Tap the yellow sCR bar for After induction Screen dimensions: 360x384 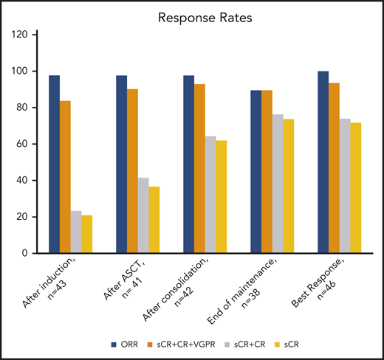[87, 235]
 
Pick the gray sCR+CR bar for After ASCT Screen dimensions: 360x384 [143, 215]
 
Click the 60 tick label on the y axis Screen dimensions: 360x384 [22, 144]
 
